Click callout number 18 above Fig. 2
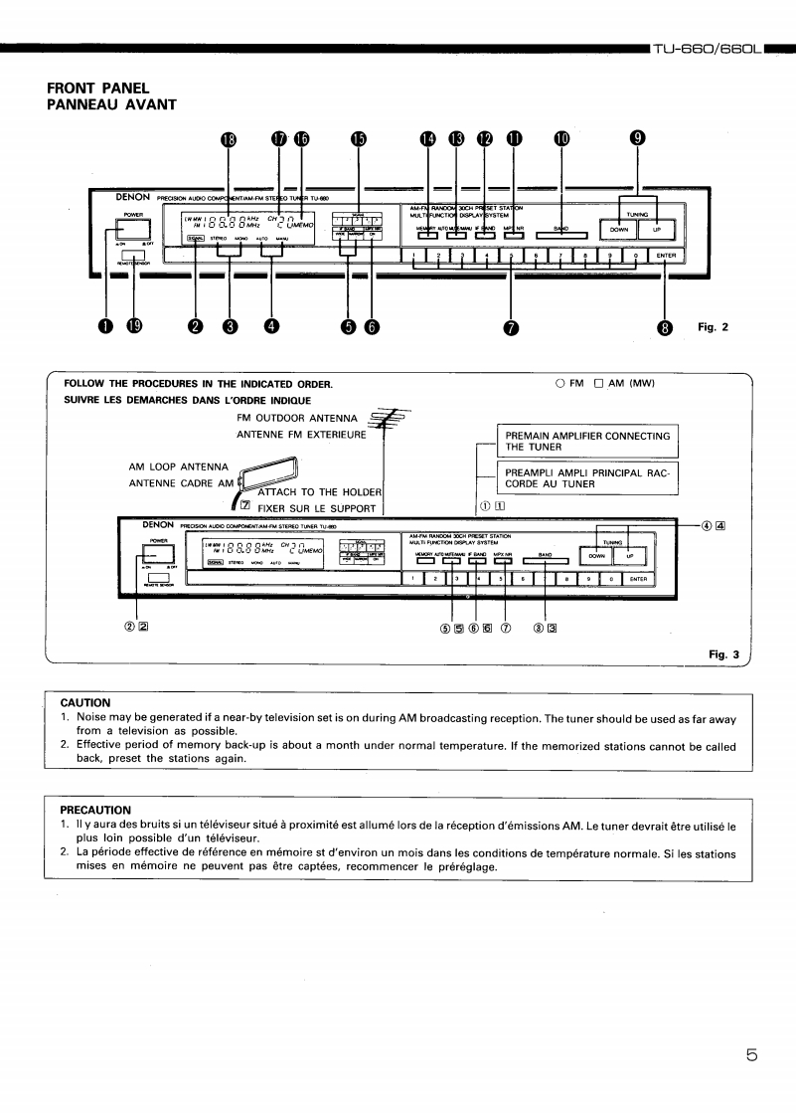(x=229, y=139)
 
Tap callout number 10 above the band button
(x=561, y=139)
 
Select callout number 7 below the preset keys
(x=512, y=328)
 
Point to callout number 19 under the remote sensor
(x=136, y=328)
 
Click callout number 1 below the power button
(x=105, y=328)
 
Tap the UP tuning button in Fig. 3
(x=635, y=557)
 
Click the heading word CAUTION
(x=85, y=702)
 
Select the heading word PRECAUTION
(x=95, y=810)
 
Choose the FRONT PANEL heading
(x=98, y=89)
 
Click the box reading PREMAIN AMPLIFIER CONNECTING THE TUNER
(x=587, y=441)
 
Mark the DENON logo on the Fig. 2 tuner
(x=132, y=197)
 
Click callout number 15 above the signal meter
(x=357, y=139)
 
